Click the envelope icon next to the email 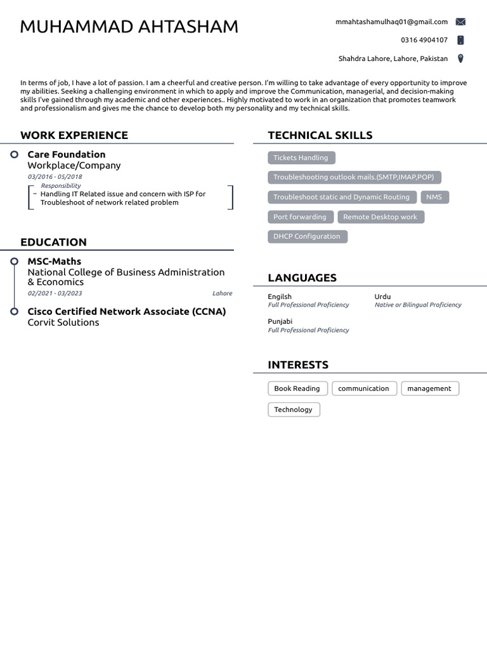click(460, 22)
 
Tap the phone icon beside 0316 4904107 click(460, 40)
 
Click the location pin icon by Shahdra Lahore click(460, 58)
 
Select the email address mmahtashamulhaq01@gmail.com click(391, 22)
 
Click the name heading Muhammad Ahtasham click(129, 27)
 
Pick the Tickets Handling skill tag click(301, 157)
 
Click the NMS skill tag click(434, 197)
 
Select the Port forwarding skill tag click(299, 217)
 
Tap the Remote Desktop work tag click(380, 217)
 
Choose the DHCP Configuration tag click(307, 236)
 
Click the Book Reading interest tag click(297, 388)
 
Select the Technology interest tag click(293, 409)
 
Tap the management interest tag click(429, 388)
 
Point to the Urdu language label click(382, 296)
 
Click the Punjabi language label click(280, 322)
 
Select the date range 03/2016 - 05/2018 click(55, 176)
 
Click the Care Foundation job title click(67, 154)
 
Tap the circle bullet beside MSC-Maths click(14, 262)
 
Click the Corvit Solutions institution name click(63, 322)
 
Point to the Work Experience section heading click(74, 135)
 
